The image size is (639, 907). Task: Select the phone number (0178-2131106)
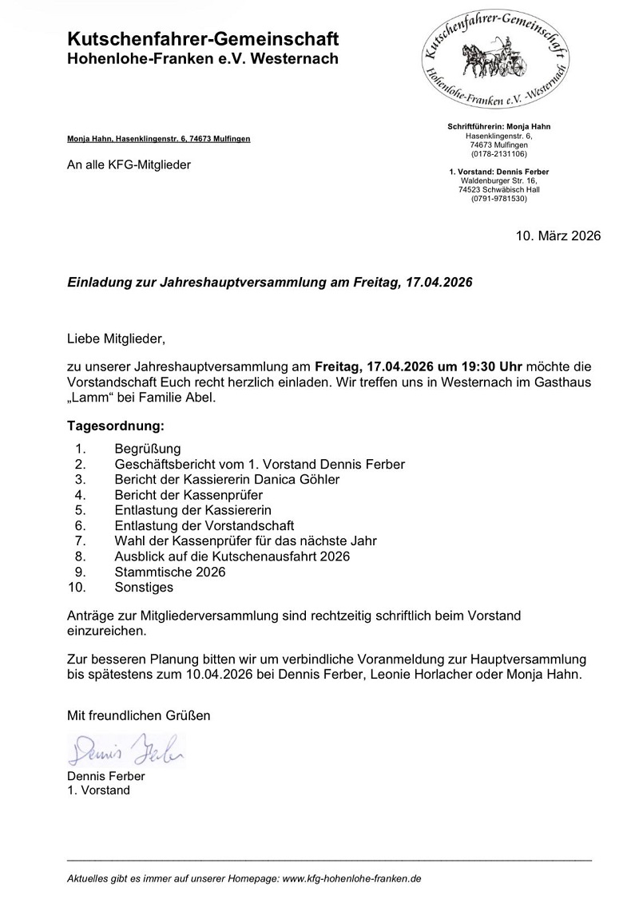point(499,153)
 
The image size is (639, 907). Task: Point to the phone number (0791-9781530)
point(499,198)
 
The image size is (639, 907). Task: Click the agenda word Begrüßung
point(148,449)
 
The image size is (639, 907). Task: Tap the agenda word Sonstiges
point(144,588)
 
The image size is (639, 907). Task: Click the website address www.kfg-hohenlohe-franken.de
point(352,878)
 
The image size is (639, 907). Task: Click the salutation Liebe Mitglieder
point(116,339)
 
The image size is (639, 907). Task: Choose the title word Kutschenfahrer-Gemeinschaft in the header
point(203,39)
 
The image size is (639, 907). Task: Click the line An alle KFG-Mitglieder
point(129,165)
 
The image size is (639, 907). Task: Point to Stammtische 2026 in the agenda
point(170,572)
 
